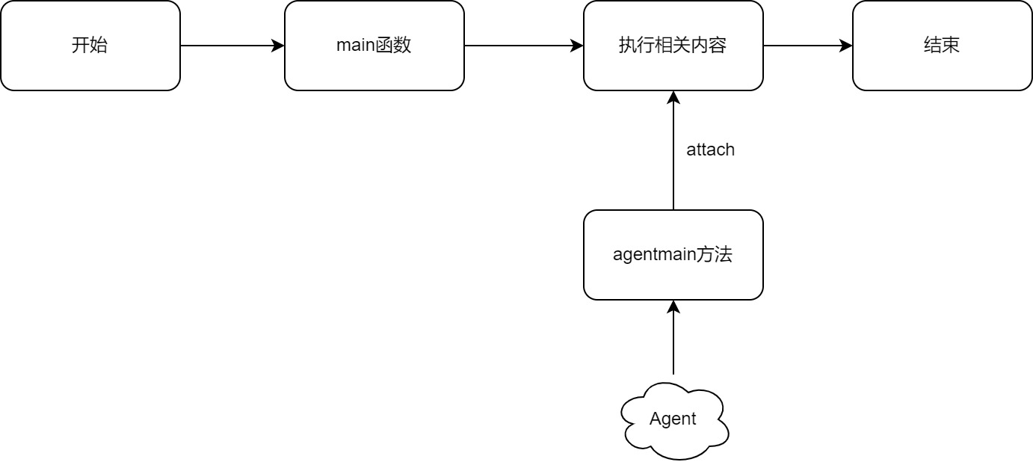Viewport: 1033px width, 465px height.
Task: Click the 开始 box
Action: click(x=90, y=46)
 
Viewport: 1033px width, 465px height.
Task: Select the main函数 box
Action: click(x=374, y=46)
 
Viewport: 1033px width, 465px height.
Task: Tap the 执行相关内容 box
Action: click(x=673, y=46)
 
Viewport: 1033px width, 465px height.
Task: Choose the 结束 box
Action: click(x=942, y=46)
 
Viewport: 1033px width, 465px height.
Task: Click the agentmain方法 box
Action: click(x=673, y=255)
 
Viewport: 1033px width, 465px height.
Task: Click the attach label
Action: click(x=710, y=150)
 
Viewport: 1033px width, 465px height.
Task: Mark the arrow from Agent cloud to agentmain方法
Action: click(x=673, y=340)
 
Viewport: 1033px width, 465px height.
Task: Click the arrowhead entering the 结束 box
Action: click(x=846, y=46)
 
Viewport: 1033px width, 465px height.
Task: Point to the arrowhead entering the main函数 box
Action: click(x=278, y=46)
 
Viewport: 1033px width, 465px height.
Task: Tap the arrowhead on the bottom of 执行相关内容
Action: click(x=673, y=97)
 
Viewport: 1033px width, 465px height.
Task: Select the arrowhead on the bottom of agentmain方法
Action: click(x=673, y=307)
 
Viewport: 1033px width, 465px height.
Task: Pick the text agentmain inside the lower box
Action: click(x=654, y=255)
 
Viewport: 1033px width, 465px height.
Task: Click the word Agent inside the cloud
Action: click(x=673, y=419)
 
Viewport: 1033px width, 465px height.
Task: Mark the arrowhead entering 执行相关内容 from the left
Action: click(x=577, y=46)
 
